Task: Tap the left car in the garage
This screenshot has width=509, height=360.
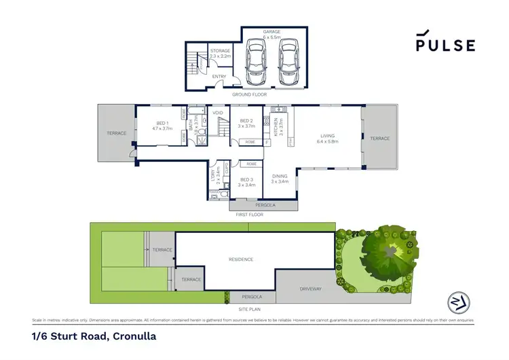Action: pyautogui.click(x=257, y=62)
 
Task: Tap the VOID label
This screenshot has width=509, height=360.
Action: pyautogui.click(x=218, y=112)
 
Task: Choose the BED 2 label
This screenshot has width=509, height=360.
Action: pyautogui.click(x=246, y=122)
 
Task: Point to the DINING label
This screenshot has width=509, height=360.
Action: pyautogui.click(x=280, y=178)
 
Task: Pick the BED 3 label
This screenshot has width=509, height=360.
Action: pyautogui.click(x=247, y=181)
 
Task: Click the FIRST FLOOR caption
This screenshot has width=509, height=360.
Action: pyautogui.click(x=249, y=214)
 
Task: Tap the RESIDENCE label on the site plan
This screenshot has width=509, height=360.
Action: pyautogui.click(x=241, y=259)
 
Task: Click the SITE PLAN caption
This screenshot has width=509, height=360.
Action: pyautogui.click(x=250, y=308)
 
